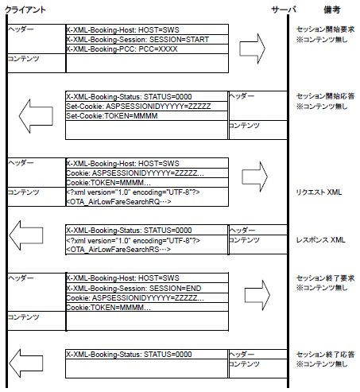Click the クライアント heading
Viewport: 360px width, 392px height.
(x=25, y=10)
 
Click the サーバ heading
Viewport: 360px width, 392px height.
(x=284, y=10)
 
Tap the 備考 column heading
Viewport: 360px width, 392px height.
(x=332, y=10)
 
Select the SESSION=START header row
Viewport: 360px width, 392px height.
(x=137, y=40)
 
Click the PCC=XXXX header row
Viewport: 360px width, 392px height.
(x=122, y=49)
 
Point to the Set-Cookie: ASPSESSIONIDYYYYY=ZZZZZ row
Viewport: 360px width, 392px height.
(x=138, y=107)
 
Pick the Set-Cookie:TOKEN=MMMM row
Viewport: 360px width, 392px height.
(x=112, y=116)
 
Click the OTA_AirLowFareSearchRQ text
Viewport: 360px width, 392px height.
(x=118, y=202)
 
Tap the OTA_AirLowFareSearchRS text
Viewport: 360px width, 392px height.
(x=118, y=250)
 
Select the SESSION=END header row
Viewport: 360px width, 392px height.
(x=134, y=288)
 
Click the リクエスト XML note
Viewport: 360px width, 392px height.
(x=319, y=192)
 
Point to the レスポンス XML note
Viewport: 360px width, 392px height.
(x=320, y=240)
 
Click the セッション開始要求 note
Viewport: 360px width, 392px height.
(x=325, y=29)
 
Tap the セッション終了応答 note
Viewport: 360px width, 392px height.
(x=325, y=355)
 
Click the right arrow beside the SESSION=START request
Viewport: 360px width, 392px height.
(x=252, y=49)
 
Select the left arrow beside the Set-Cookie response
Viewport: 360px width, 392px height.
(x=36, y=116)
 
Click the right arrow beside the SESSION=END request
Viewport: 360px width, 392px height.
(x=257, y=295)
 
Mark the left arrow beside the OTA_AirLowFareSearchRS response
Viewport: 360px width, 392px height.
(x=26, y=235)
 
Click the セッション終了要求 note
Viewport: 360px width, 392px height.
(x=325, y=278)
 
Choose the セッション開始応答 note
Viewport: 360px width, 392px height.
(x=325, y=96)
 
